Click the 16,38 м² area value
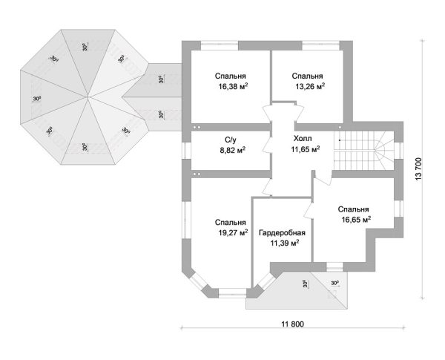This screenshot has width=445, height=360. [232, 87]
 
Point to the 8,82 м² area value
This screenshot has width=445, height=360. [231, 149]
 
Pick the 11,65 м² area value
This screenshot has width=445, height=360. [305, 149]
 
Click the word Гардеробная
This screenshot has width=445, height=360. [282, 232]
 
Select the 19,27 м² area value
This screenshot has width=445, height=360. [231, 232]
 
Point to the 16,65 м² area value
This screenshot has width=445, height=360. [355, 220]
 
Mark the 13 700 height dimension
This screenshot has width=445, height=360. [419, 169]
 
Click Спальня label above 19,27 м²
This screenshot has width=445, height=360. [231, 222]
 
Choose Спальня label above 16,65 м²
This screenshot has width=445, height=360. [353, 209]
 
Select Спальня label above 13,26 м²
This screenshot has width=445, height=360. [307, 76]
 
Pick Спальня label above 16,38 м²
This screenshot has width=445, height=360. [231, 76]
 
